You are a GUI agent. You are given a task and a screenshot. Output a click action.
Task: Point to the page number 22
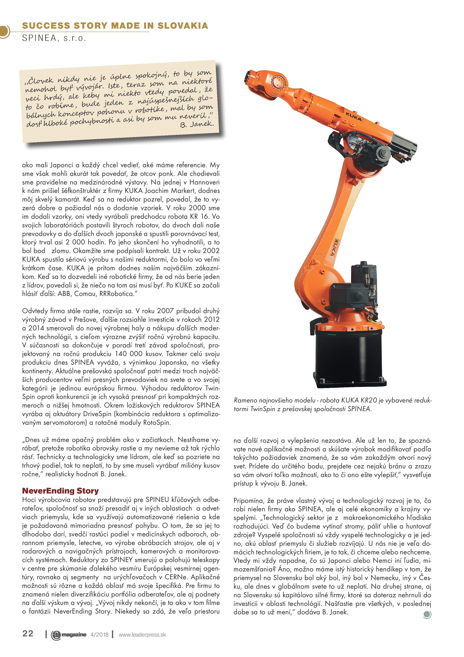click(x=28, y=634)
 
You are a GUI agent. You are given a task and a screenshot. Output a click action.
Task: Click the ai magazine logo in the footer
click(x=69, y=635)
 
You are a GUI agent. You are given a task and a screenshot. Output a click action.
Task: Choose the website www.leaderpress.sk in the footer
click(x=142, y=635)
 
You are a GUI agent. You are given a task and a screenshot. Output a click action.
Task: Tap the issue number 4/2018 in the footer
click(x=99, y=635)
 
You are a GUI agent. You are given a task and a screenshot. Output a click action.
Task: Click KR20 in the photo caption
click(x=369, y=400)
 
